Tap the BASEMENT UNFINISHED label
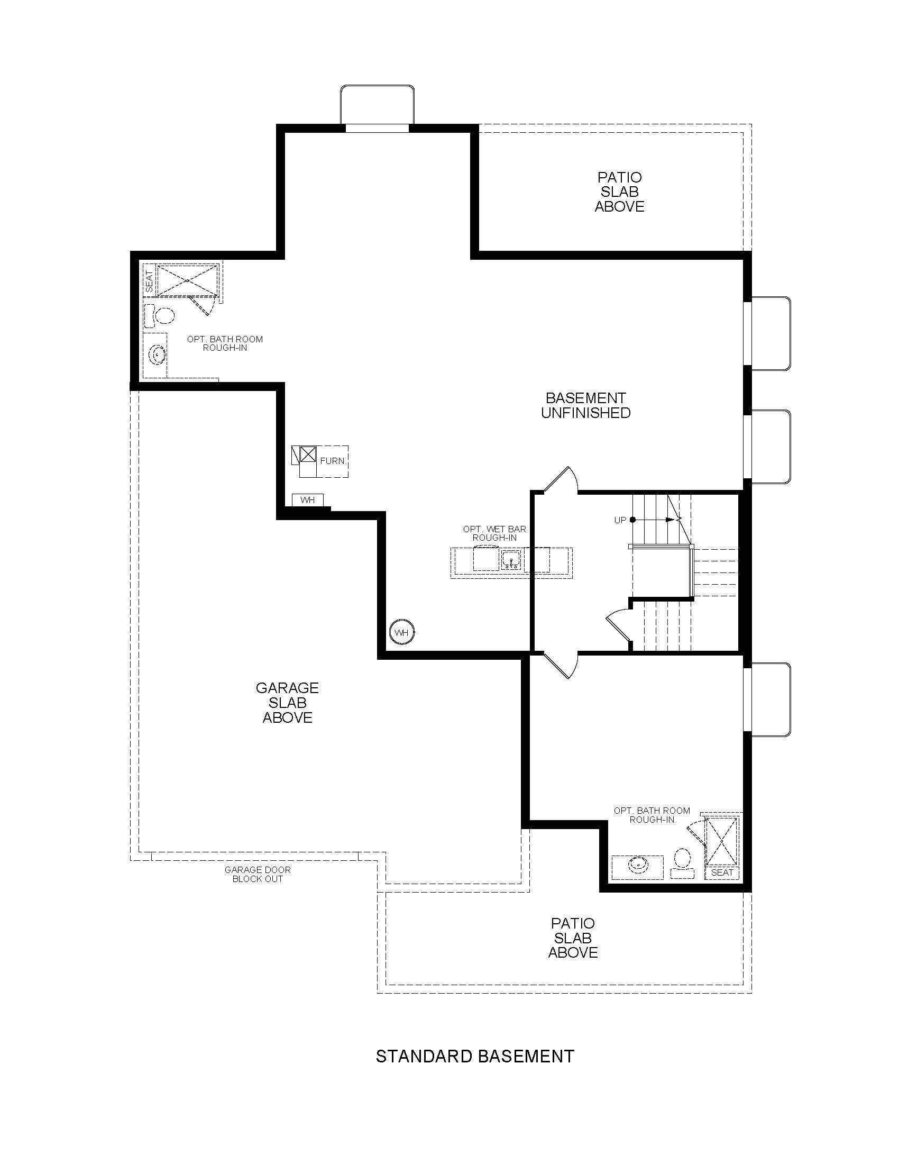[x=586, y=405]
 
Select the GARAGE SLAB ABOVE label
[x=288, y=703]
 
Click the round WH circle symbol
[x=402, y=633]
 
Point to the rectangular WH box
[x=308, y=500]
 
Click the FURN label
[x=332, y=461]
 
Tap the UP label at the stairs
[x=620, y=520]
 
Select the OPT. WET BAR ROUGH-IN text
[x=495, y=533]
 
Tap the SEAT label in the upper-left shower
[x=149, y=281]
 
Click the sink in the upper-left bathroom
[x=157, y=353]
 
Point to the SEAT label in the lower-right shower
[x=722, y=872]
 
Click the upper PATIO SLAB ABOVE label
[x=619, y=192]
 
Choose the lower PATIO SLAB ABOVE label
[x=573, y=938]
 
